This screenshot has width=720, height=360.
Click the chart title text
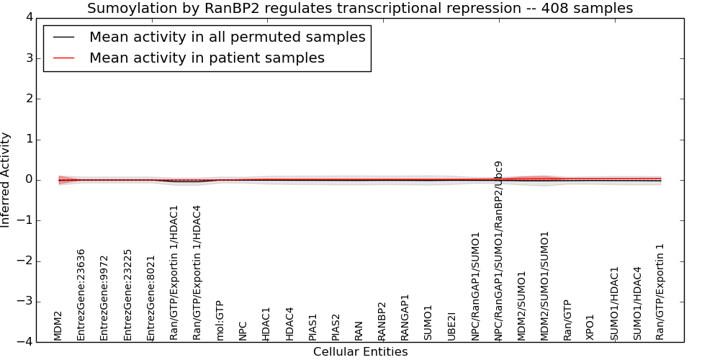tap(360, 8)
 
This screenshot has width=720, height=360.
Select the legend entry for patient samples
tap(207, 58)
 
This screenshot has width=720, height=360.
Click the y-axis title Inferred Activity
tap(5, 179)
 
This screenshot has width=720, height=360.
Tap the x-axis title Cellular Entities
tap(361, 352)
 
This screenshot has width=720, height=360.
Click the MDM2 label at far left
tap(58, 326)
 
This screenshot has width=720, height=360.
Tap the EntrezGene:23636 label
tap(81, 294)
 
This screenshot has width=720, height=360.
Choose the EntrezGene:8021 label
tap(150, 298)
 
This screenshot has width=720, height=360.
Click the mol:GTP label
tap(220, 320)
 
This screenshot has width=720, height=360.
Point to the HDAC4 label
tap(289, 324)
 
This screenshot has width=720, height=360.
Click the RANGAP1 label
tap(405, 318)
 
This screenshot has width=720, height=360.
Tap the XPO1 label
tap(590, 328)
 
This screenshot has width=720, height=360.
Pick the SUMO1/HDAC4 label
tap(637, 304)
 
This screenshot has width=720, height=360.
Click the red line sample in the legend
tap(64, 58)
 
